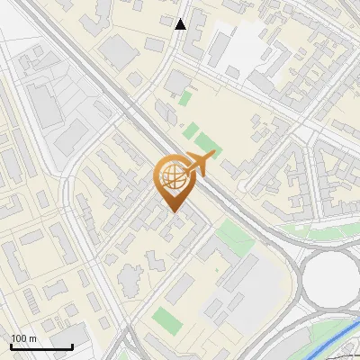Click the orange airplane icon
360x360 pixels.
200,163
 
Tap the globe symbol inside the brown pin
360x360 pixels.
172,178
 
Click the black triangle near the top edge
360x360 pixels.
181,24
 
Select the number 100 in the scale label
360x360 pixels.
18,338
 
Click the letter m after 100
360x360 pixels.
32,338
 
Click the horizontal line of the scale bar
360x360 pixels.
41,346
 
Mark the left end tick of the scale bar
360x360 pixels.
11,345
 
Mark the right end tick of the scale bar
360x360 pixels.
72,345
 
